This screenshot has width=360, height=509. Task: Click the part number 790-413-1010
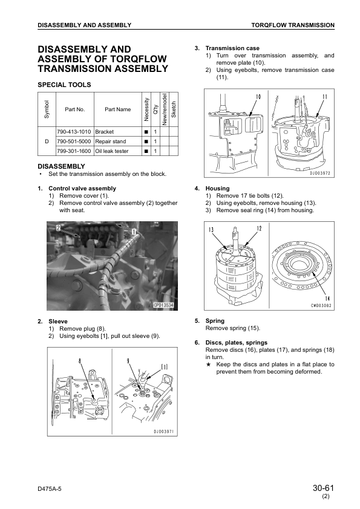click(x=74, y=132)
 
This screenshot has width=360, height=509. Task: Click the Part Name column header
click(x=117, y=109)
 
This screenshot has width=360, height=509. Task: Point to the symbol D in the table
click(x=47, y=141)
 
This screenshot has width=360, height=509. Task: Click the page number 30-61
click(x=323, y=488)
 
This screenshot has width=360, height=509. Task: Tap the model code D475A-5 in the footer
click(x=50, y=489)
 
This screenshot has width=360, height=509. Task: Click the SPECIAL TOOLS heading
click(x=64, y=85)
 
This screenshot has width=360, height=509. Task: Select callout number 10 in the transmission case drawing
click(x=258, y=97)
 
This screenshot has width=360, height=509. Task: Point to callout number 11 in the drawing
click(x=324, y=97)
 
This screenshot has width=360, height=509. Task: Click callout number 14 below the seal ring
click(x=327, y=299)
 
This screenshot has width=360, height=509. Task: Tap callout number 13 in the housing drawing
click(x=211, y=230)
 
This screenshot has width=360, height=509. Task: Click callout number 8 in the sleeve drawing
click(x=79, y=361)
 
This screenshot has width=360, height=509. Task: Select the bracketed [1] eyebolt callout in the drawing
click(x=165, y=367)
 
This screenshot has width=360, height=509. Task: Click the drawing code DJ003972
click(x=319, y=173)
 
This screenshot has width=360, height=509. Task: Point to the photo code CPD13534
click(x=163, y=305)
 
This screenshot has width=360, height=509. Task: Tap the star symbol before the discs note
click(x=209, y=365)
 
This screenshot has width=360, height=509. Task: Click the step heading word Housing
click(x=217, y=189)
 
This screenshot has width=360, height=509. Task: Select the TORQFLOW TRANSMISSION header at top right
click(x=293, y=25)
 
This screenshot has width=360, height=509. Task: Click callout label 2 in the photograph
click(x=59, y=228)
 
